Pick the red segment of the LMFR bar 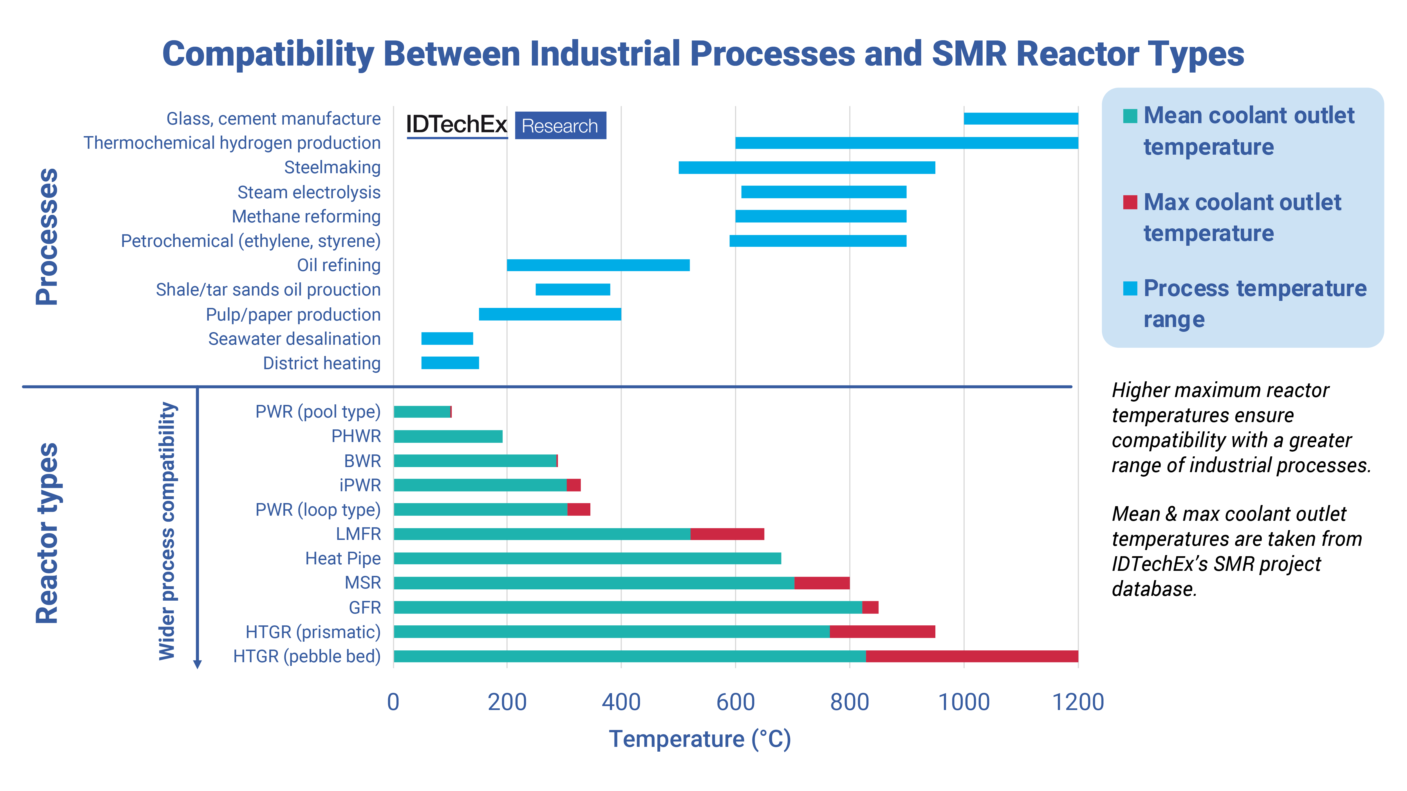click(727, 534)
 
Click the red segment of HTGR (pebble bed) click(972, 656)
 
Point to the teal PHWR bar click(448, 436)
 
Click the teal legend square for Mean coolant click(1130, 116)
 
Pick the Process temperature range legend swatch click(1130, 288)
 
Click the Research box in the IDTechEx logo click(560, 126)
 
